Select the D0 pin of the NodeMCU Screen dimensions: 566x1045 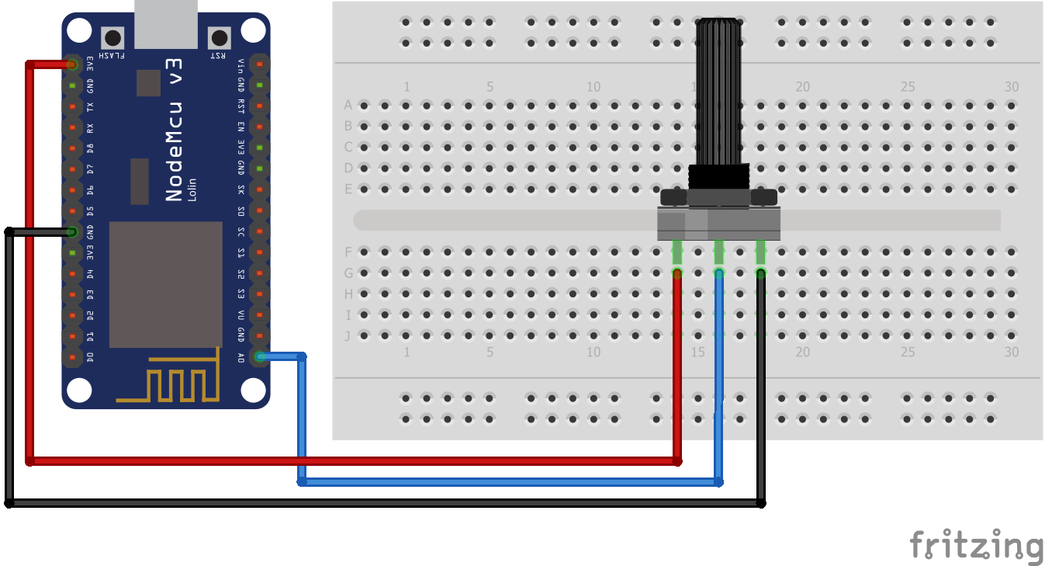coord(72,357)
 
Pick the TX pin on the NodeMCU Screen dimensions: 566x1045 coord(72,106)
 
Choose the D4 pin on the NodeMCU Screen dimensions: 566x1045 coord(72,273)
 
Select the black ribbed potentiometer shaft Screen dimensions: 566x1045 coord(718,93)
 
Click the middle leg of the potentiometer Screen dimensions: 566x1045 coord(719,252)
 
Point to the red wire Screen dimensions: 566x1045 coord(349,460)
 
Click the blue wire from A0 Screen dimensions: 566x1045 coord(504,481)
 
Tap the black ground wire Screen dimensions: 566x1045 coord(388,503)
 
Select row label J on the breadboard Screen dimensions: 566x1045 coord(348,336)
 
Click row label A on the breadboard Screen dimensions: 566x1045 coord(348,105)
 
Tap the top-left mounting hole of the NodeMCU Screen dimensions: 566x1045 coord(78,30)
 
